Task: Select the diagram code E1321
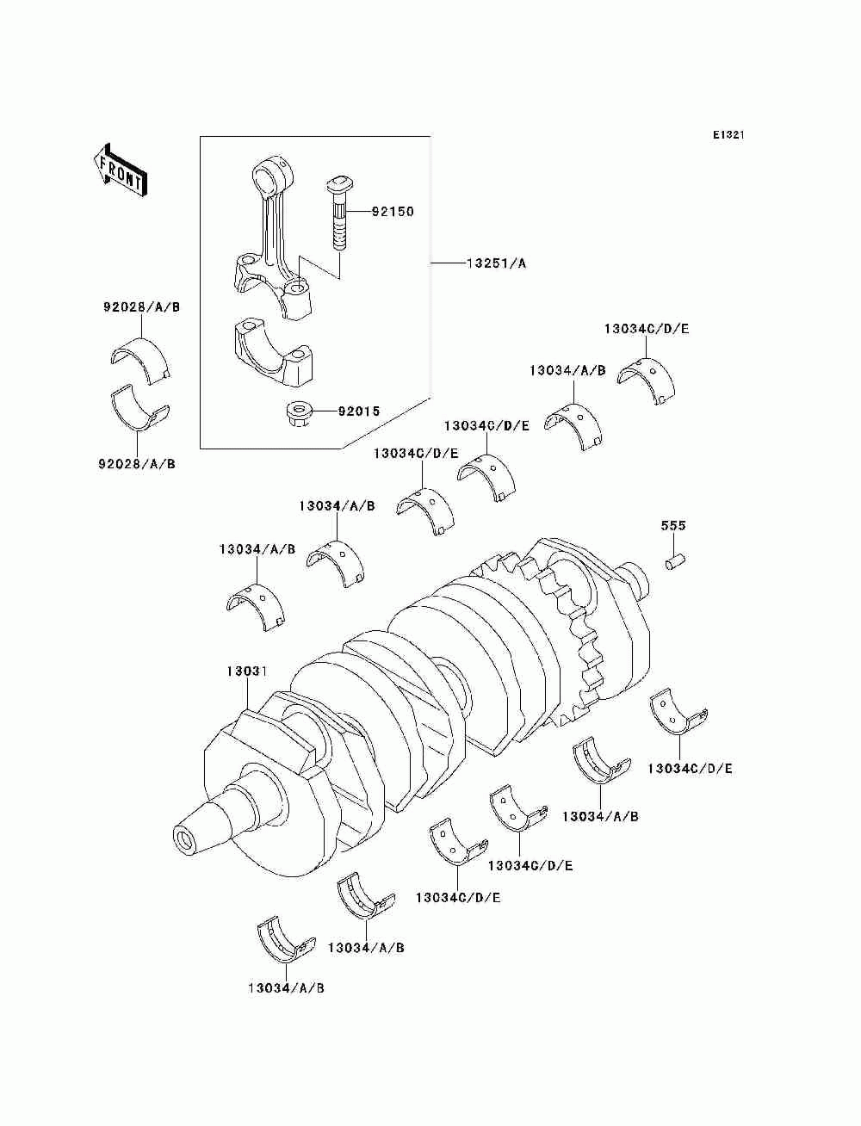(x=728, y=135)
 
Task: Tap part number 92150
(x=393, y=211)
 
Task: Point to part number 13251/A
(x=496, y=263)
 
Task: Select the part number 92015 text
(x=358, y=411)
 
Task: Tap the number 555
(x=673, y=525)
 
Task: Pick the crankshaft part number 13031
(x=248, y=671)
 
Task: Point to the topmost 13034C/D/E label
(x=646, y=329)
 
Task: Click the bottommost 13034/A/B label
(x=285, y=987)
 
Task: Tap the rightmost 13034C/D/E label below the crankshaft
(x=690, y=768)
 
